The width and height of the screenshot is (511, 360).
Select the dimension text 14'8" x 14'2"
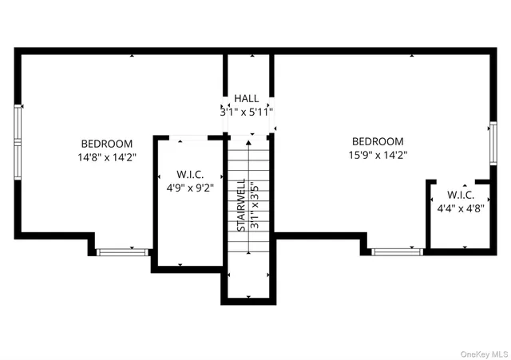pos(107,157)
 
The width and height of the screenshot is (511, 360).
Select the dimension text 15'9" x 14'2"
pos(378,155)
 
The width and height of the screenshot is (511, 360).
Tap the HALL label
pos(246,98)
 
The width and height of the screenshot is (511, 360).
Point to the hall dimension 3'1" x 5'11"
pos(247,112)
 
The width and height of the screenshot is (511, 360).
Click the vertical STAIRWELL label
pos(240,206)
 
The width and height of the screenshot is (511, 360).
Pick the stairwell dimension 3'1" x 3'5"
pos(255,206)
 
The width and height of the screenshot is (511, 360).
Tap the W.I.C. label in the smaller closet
pos(461,194)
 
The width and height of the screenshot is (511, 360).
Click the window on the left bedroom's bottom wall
pos(122,252)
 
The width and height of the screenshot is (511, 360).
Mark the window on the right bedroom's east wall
pos(493,142)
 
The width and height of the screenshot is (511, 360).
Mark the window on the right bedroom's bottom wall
pos(398,251)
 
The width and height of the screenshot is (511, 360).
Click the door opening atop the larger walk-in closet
pos(192,138)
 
